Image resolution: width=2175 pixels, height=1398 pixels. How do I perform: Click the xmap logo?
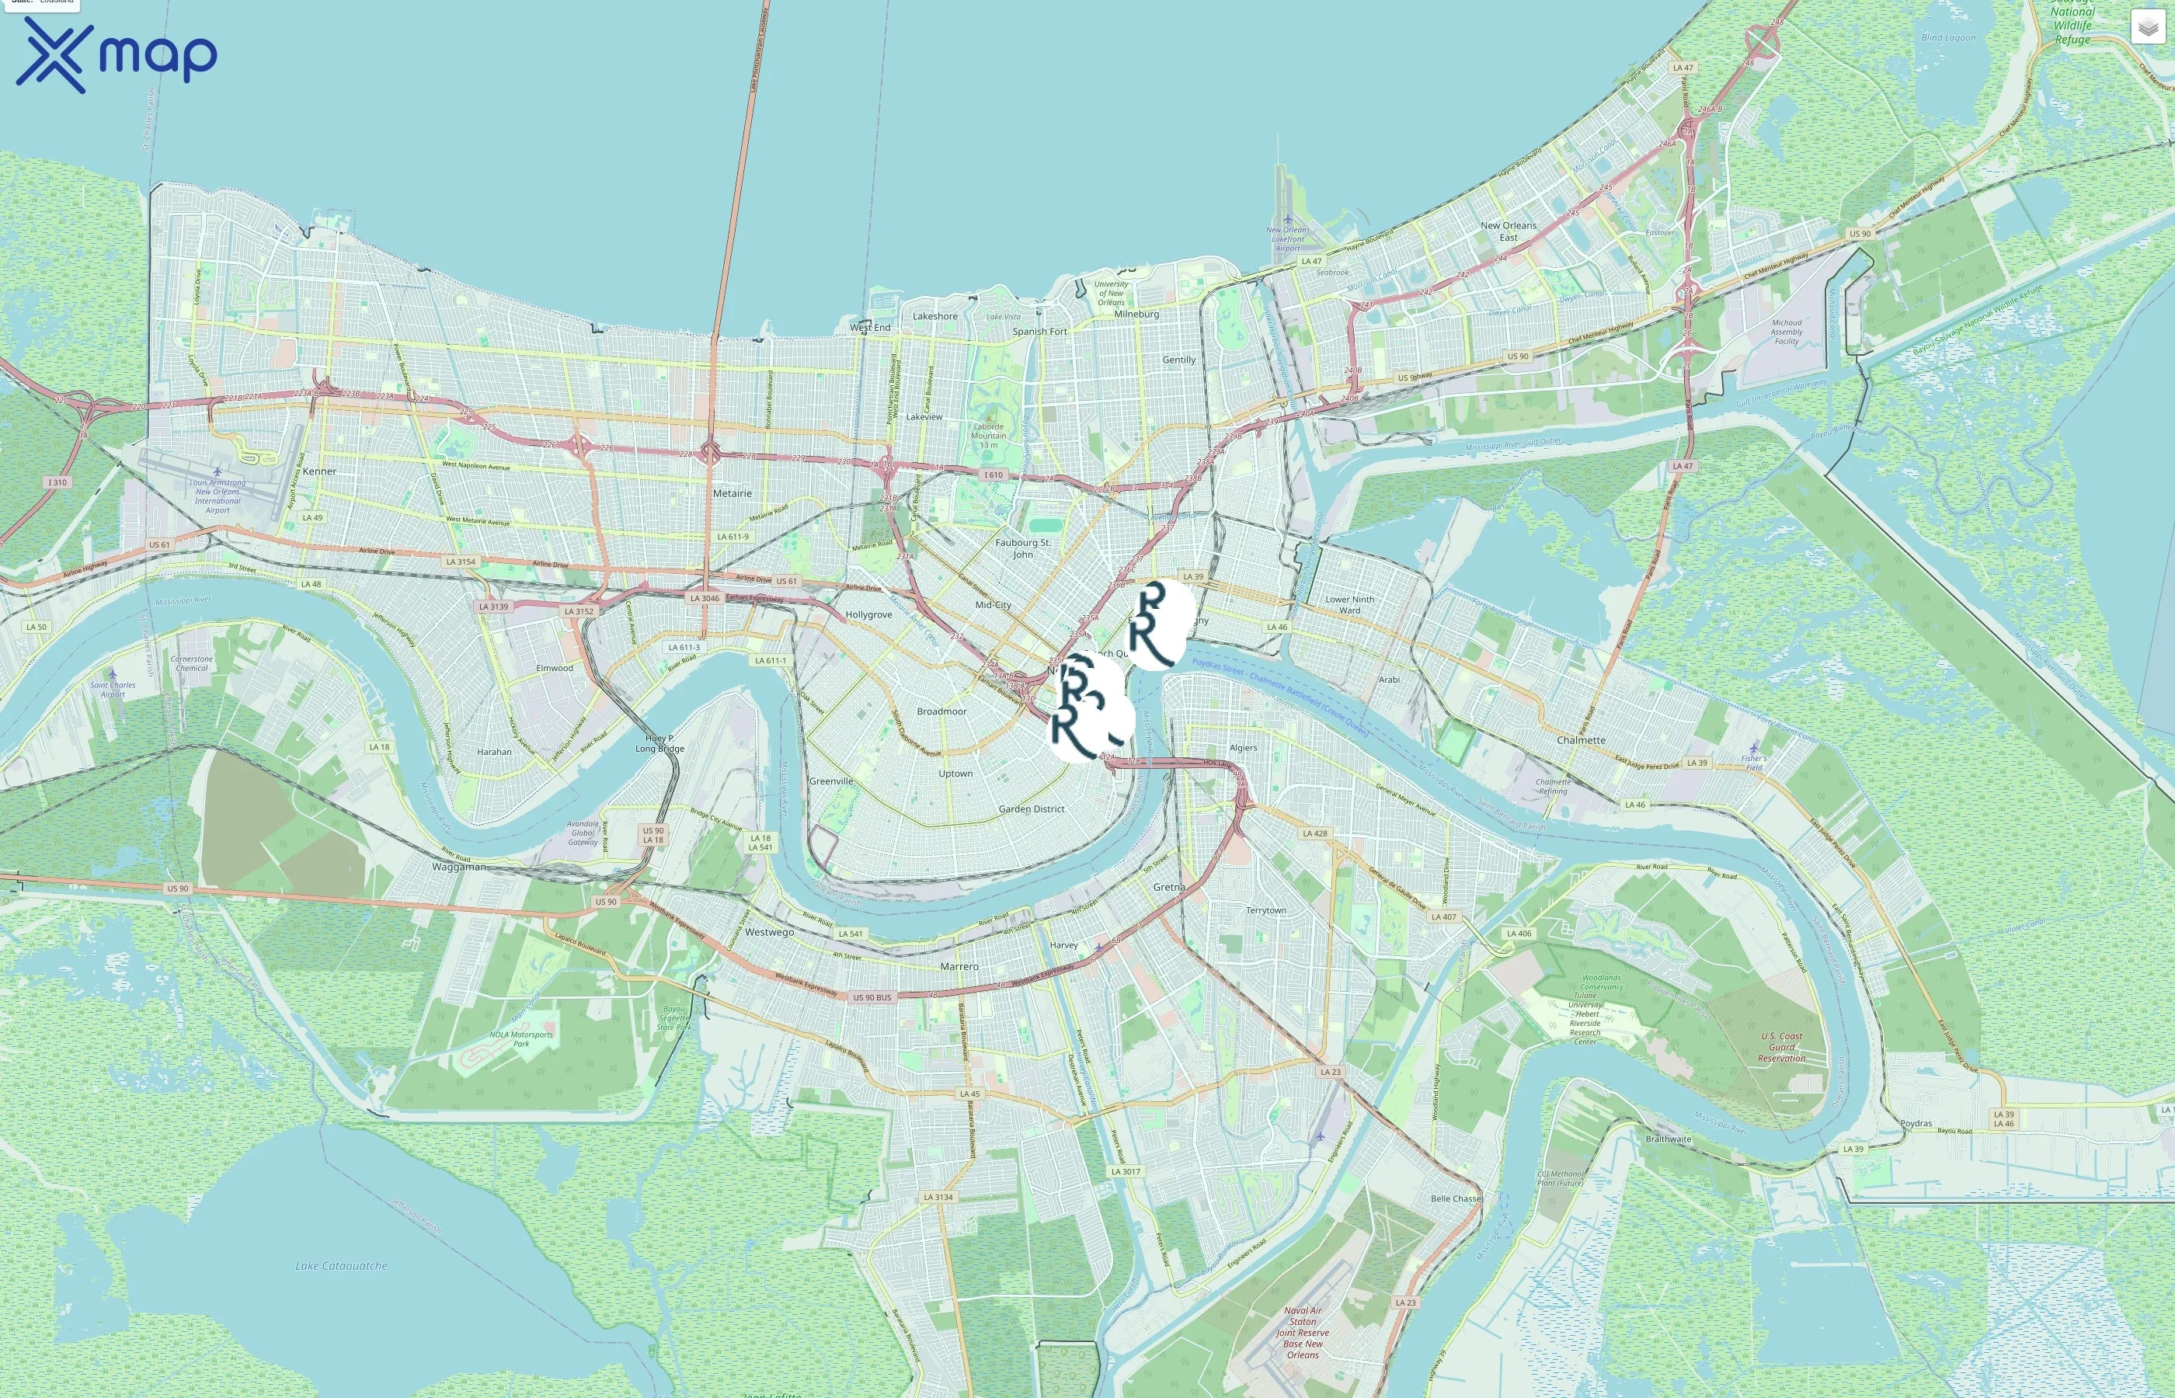tap(117, 55)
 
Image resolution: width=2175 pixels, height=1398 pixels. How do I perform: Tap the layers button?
tap(2148, 27)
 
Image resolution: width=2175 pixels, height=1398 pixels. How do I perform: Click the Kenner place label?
tap(319, 471)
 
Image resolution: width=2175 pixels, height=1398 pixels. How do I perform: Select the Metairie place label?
tap(732, 493)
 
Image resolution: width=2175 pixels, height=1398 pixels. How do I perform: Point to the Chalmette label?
tap(1581, 740)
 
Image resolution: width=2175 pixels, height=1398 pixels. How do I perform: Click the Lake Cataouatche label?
tap(340, 1265)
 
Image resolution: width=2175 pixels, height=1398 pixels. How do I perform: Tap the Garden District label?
tap(1032, 809)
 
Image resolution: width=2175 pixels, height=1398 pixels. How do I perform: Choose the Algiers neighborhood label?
tap(1243, 748)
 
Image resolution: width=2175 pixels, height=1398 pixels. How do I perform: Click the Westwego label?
tap(769, 931)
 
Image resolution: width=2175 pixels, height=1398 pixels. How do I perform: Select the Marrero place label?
tap(959, 967)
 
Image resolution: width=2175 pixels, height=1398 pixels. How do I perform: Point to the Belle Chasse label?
tap(1455, 1198)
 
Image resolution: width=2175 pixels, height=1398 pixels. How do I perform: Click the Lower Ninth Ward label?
tap(1349, 604)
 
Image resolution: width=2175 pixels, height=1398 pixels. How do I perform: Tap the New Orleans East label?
tap(1508, 231)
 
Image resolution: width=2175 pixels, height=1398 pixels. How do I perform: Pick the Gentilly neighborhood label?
tap(1178, 360)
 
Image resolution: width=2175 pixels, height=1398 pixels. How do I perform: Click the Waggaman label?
tap(458, 867)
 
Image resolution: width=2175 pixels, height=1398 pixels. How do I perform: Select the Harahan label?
tap(494, 752)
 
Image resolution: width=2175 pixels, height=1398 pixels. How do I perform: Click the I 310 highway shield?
tap(57, 482)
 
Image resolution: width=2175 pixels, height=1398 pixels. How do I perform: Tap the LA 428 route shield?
tap(1314, 833)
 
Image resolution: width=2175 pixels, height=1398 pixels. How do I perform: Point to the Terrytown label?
tap(1265, 909)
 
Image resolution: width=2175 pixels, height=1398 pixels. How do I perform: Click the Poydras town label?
tap(1916, 1123)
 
